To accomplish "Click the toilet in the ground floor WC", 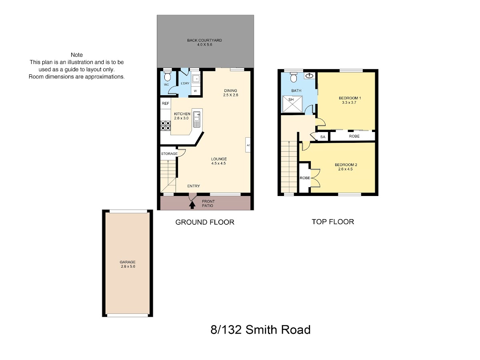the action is coord(168,75).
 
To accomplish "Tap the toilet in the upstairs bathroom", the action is coord(294,77).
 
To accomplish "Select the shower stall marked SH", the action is coord(292,104).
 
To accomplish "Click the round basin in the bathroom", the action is coord(310,76).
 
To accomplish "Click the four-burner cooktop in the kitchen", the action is coord(166,126).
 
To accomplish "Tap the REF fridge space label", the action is coord(165,103).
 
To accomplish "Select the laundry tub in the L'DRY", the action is coord(196,78).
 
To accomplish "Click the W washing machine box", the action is coord(196,91).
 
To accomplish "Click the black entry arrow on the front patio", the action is coord(192,205).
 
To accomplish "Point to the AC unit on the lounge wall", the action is coord(248,145).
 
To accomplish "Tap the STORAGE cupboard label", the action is coord(169,154).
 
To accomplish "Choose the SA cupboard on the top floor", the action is coord(323,137).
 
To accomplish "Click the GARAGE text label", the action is coord(128,262).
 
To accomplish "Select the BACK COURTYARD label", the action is coord(204,40).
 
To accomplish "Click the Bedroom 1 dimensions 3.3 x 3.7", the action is coord(349,102).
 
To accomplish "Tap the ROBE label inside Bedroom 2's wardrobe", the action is coord(305,178).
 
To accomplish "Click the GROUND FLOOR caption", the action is coord(205,222).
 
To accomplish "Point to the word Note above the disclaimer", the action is coord(77,55).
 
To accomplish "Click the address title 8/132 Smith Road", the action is coord(260,330).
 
